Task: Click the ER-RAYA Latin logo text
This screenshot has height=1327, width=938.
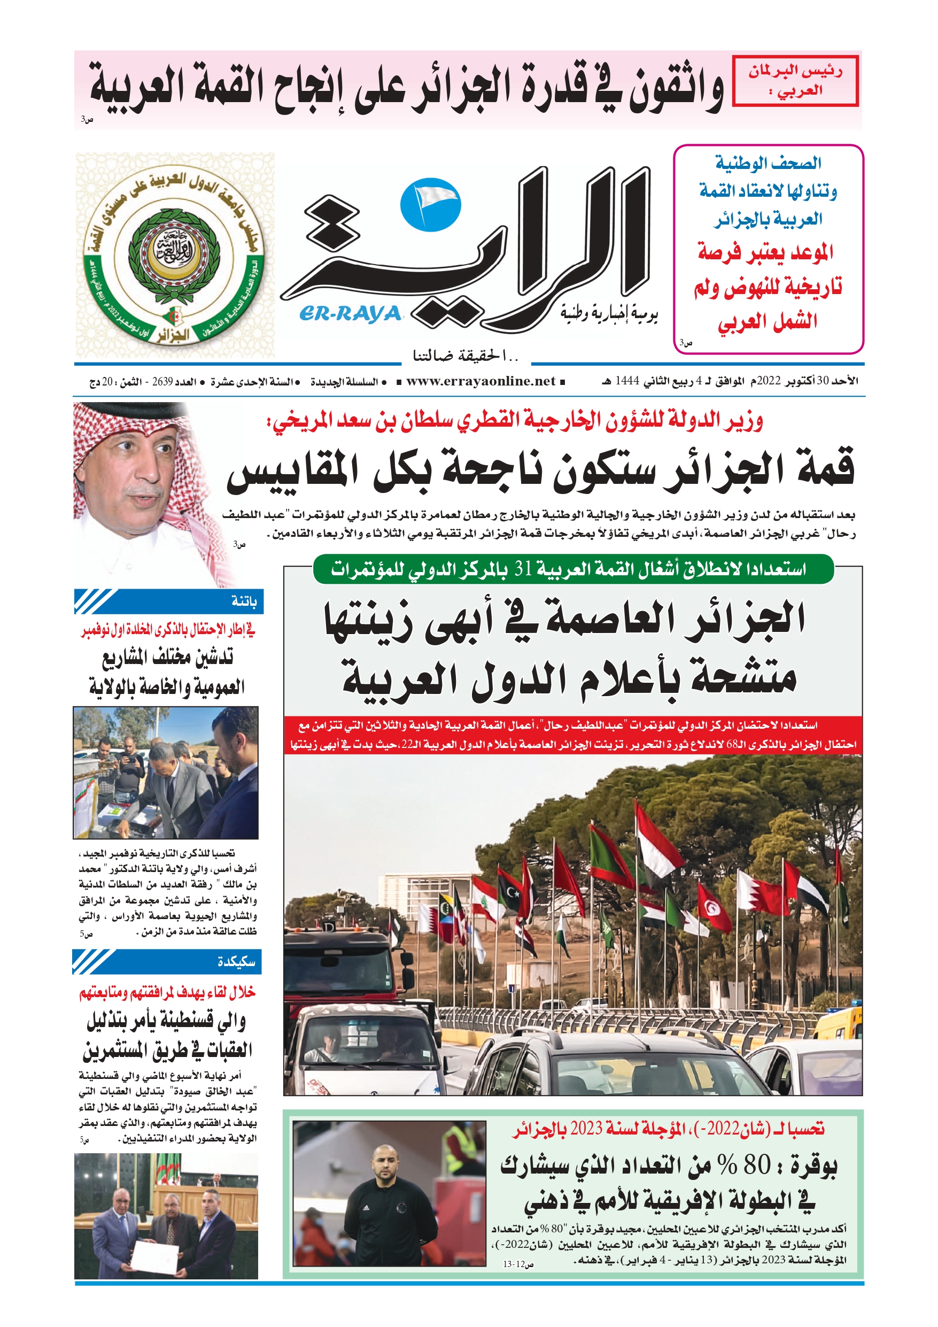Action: [350, 313]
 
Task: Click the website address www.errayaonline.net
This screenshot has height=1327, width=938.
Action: [481, 381]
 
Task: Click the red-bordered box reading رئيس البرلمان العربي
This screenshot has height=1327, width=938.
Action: [795, 81]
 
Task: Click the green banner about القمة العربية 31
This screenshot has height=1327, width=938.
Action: [573, 569]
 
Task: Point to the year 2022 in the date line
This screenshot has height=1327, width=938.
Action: [769, 381]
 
